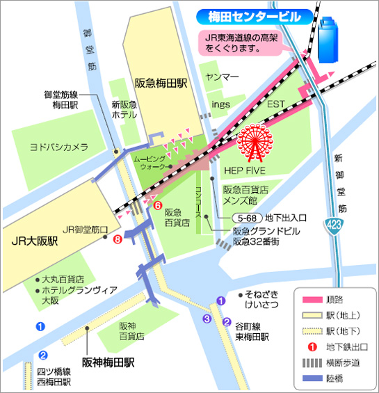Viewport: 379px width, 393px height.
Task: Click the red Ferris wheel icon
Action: pyautogui.click(x=255, y=143)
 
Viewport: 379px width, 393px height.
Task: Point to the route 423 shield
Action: pyautogui.click(x=334, y=225)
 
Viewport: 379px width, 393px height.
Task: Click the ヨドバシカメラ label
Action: pyautogui.click(x=58, y=147)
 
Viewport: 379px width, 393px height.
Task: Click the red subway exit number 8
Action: pyautogui.click(x=117, y=240)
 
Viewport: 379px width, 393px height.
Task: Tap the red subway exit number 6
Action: pyautogui.click(x=157, y=206)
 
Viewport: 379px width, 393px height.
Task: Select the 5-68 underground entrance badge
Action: pyautogui.click(x=245, y=217)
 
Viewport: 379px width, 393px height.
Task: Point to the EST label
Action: pyautogui.click(x=277, y=104)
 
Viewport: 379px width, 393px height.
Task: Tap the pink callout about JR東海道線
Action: pyautogui.click(x=239, y=44)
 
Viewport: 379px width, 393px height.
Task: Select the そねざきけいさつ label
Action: pyautogui.click(x=261, y=298)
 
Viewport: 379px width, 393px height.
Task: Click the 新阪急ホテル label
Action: pyautogui.click(x=124, y=110)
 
